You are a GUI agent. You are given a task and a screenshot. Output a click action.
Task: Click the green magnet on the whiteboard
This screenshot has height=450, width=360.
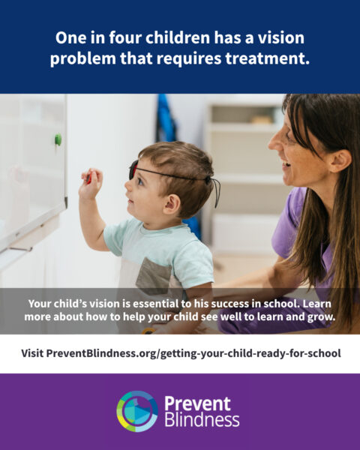coord(58,139)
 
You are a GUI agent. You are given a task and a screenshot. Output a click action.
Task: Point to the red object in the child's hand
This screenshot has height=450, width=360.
coord(88,178)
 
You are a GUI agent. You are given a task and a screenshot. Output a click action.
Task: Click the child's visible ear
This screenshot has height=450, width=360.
coord(172,205)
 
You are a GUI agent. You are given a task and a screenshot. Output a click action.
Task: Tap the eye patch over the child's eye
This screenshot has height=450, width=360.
coord(133,169)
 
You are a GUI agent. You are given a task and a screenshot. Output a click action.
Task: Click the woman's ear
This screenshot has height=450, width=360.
coord(340,160)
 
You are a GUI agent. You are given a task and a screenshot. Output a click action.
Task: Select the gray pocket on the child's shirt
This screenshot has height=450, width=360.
coord(154,276)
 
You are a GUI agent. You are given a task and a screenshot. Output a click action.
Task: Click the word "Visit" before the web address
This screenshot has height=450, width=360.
coord(32,353)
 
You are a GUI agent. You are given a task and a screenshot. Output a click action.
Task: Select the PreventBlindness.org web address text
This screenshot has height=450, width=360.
coord(193,353)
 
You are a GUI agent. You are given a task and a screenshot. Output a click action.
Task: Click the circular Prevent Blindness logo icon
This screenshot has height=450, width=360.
coord(137,411)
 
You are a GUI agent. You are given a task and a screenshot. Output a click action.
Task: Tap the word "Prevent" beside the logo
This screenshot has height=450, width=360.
coord(197,403)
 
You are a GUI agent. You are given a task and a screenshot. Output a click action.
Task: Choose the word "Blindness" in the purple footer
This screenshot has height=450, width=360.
coord(202,420)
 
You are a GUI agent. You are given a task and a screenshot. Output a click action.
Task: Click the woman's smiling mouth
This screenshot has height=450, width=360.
coord(285,165)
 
